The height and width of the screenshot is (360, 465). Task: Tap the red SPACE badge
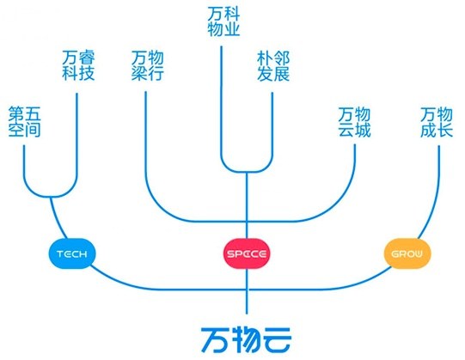pyautogui.click(x=248, y=254)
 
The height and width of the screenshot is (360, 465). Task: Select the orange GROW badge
pyautogui.click(x=405, y=254)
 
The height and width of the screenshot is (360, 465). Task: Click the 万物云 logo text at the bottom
pyautogui.click(x=248, y=335)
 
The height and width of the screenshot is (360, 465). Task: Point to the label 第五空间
pyautogui.click(x=25, y=121)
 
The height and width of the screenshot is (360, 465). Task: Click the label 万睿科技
pyautogui.click(x=79, y=64)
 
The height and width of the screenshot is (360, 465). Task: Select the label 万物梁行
pyautogui.click(x=148, y=64)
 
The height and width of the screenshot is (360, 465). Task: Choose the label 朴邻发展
pyautogui.click(x=273, y=64)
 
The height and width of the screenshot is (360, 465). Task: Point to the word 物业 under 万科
pyautogui.click(x=224, y=31)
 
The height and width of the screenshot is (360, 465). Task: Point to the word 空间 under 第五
pyautogui.click(x=25, y=130)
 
